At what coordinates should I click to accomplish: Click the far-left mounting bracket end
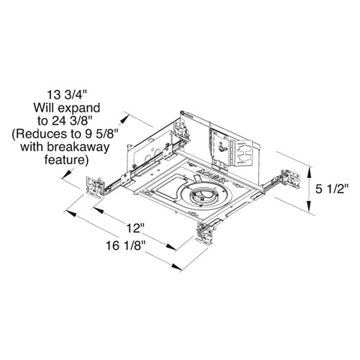click(x=93, y=185)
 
